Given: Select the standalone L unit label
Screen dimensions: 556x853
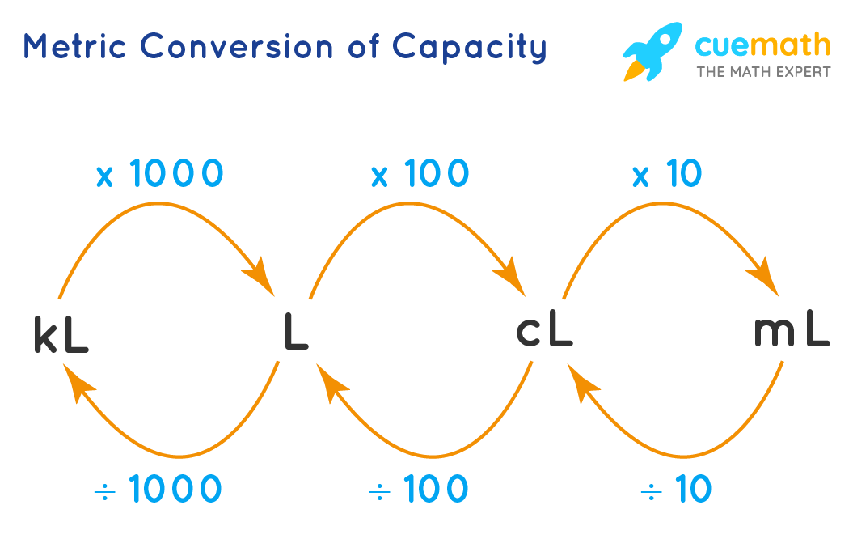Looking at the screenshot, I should [296, 333].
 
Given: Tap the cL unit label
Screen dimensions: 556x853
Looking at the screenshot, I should [544, 331].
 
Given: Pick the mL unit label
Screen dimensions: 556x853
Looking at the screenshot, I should [791, 331].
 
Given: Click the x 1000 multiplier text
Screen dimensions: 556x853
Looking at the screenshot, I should [158, 174].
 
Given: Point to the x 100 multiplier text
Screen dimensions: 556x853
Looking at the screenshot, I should [420, 174].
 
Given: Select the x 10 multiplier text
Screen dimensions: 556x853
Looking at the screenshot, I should [667, 174].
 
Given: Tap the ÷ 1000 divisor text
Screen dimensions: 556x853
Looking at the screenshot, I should [158, 489].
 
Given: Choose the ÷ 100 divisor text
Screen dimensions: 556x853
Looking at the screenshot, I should [418, 489].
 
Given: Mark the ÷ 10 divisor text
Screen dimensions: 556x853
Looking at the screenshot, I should [676, 489].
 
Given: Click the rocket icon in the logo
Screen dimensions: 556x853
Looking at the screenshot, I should [652, 50].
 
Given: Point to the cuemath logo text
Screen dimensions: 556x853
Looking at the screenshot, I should [762, 45].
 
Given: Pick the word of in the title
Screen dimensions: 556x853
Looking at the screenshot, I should [361, 47].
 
